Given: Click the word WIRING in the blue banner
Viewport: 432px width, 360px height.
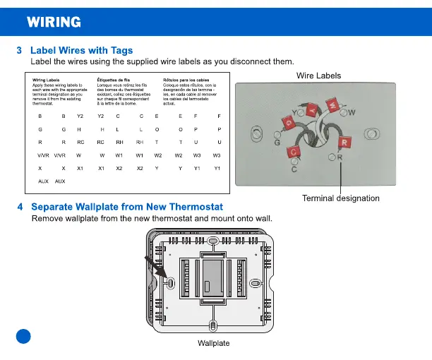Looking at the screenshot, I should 54,22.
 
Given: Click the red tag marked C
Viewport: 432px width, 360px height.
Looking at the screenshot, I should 298,150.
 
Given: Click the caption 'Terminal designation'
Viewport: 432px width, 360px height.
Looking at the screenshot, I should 340,198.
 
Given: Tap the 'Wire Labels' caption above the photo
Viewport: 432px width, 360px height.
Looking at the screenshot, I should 318,76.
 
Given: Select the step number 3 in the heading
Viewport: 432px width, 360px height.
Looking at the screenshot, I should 20,50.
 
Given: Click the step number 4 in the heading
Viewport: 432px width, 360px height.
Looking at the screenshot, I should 20,207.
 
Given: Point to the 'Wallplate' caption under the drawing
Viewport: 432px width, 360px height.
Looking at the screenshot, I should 214,343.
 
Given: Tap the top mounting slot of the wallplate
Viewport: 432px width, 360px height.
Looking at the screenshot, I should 214,241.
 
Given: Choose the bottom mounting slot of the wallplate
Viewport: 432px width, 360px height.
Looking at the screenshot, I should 214,327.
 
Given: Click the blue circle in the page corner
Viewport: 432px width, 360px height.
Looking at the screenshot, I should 23,337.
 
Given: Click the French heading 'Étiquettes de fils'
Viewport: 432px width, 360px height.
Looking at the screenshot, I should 113,80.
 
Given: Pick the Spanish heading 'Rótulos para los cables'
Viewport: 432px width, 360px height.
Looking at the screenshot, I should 185,80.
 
